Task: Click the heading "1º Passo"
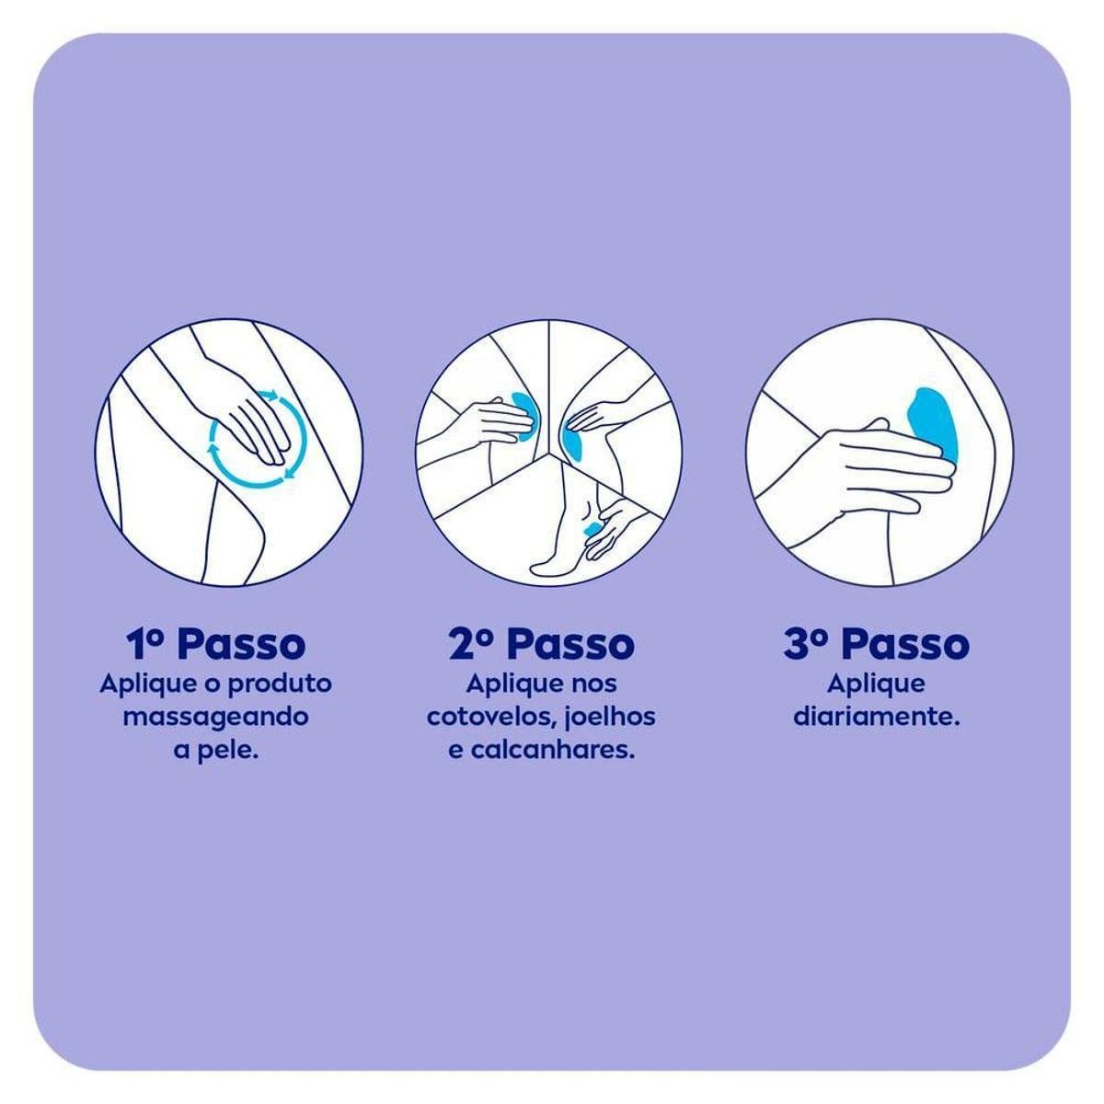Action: pos(214,645)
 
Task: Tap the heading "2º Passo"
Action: pos(542,645)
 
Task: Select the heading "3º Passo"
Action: pos(877,645)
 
